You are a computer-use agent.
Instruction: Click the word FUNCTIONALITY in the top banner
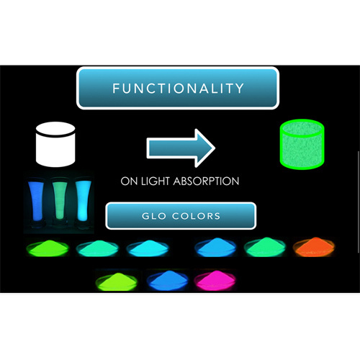click(x=178, y=88)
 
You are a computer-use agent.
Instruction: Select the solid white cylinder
click(x=55, y=145)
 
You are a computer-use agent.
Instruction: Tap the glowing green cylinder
click(x=302, y=145)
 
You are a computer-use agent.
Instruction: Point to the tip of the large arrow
click(x=215, y=148)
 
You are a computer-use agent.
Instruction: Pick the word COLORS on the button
click(x=196, y=216)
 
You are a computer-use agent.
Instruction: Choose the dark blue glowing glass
click(x=36, y=201)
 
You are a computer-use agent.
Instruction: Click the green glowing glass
click(x=60, y=201)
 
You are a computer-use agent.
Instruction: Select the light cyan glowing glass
click(x=83, y=201)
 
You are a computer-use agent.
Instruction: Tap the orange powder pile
click(x=314, y=247)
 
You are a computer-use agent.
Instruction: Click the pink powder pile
click(x=215, y=280)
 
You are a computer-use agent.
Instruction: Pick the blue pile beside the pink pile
click(x=167, y=280)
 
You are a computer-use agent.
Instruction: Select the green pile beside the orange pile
click(x=265, y=247)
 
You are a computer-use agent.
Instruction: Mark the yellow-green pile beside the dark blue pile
click(x=117, y=281)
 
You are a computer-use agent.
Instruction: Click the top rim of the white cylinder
click(x=55, y=129)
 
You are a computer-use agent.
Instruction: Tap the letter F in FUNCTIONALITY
click(x=116, y=88)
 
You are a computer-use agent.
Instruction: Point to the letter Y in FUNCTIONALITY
click(x=240, y=88)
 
